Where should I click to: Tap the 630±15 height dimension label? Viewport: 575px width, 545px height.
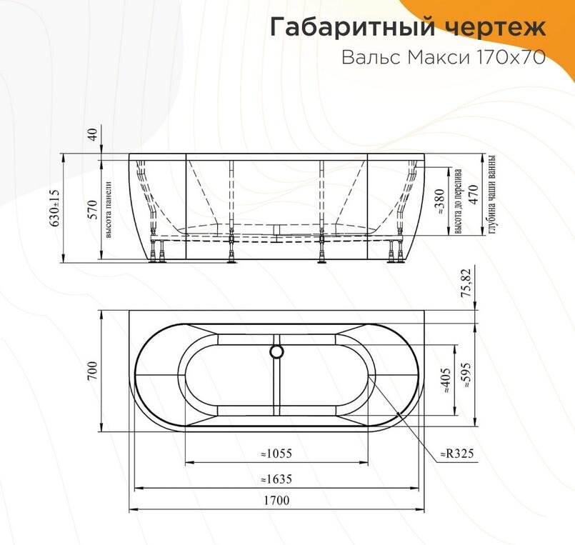pos(54,208)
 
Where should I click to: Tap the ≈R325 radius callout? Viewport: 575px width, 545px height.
pos(457,453)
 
